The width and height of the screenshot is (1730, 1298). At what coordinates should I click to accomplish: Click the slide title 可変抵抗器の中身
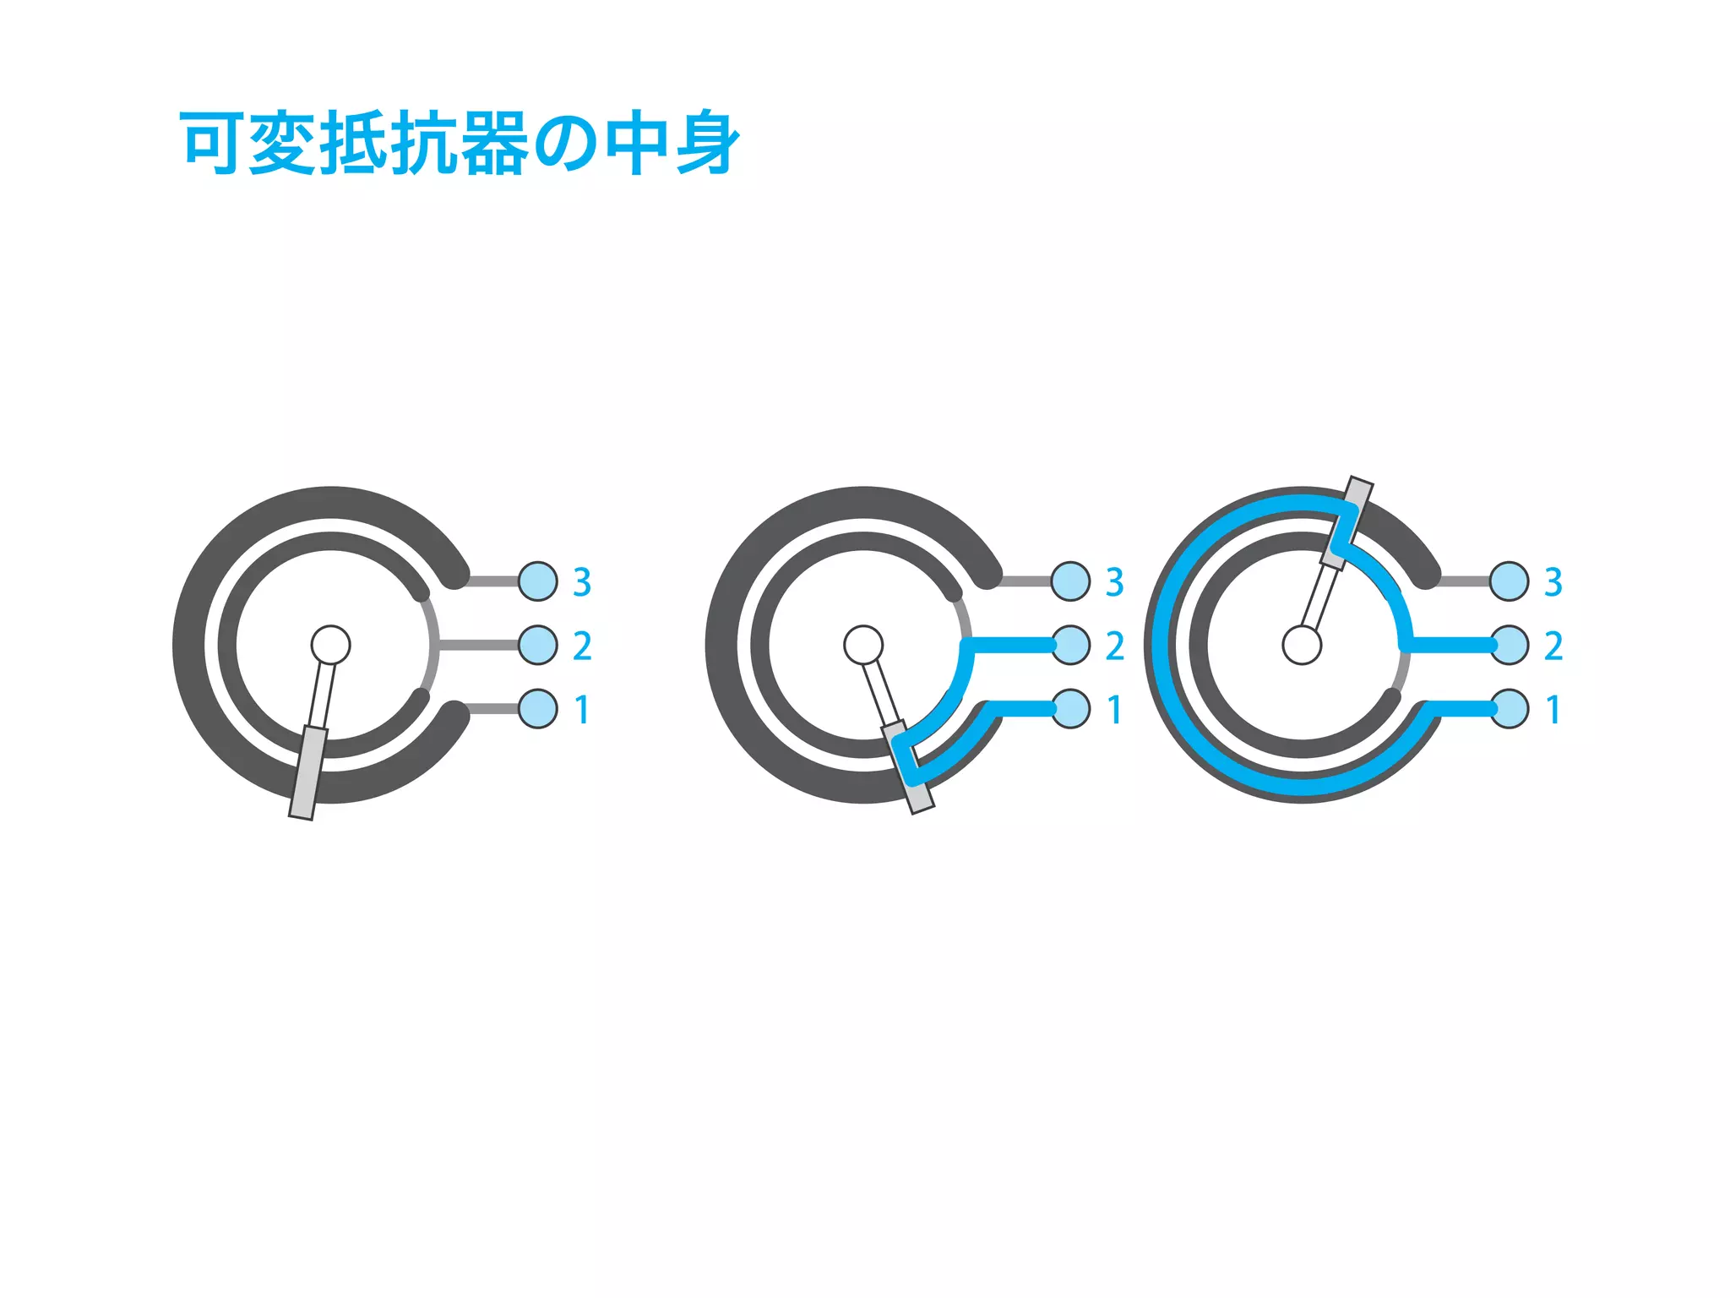[x=460, y=143]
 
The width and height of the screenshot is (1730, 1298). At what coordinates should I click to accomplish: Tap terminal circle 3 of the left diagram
[x=538, y=581]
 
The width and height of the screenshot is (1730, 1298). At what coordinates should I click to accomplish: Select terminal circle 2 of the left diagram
[x=538, y=645]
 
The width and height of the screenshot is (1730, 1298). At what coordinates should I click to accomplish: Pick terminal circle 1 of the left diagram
[x=538, y=708]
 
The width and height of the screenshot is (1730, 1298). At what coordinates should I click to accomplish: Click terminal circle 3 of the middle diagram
[x=1070, y=581]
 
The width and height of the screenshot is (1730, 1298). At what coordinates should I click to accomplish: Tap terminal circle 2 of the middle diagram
[x=1070, y=645]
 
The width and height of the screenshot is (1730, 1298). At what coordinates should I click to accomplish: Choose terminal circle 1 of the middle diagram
[x=1070, y=708]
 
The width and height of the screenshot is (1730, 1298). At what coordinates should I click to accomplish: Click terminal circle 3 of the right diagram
[x=1509, y=581]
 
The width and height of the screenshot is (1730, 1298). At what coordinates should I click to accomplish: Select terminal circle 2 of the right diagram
[x=1509, y=645]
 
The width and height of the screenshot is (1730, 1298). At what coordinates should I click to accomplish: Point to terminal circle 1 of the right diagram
[x=1509, y=708]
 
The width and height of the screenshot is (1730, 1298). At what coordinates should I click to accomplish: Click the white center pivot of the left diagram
[x=330, y=645]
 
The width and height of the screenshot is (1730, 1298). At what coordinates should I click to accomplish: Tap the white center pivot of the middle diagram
[x=863, y=645]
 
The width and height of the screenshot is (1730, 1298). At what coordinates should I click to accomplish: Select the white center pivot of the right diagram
[x=1302, y=645]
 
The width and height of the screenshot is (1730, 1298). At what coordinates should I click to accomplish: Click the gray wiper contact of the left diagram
[x=307, y=773]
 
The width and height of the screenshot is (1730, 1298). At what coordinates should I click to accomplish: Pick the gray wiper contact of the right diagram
[x=1347, y=522]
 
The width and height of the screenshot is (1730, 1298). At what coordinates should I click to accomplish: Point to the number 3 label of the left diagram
[x=582, y=582]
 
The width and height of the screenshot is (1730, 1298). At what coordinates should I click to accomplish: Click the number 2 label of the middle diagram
[x=1114, y=646]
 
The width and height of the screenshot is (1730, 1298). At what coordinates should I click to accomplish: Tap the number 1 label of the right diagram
[x=1553, y=710]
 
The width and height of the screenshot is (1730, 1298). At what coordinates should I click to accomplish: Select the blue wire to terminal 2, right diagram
[x=1449, y=645]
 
